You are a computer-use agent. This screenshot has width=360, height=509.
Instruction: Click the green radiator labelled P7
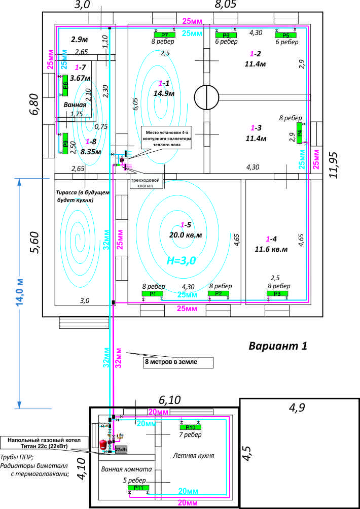click(165, 35)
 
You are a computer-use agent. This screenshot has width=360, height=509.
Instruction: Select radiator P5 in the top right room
click(285, 35)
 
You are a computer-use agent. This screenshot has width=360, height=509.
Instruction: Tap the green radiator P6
click(226, 35)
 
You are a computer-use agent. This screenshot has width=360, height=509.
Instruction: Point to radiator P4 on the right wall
click(300, 136)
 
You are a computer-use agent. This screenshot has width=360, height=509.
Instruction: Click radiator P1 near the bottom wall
click(153, 294)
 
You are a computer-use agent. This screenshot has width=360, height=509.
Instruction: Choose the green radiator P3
click(277, 294)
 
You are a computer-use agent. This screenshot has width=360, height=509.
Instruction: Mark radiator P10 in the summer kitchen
click(191, 427)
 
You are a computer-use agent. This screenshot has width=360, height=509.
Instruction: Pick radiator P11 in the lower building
click(138, 488)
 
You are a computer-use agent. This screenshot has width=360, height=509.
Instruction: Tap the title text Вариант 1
click(278, 346)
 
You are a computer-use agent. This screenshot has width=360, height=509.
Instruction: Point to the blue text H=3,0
click(182, 260)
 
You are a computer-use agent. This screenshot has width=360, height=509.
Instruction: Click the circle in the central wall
click(206, 95)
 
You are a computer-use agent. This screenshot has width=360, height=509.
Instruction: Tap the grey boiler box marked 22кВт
click(121, 450)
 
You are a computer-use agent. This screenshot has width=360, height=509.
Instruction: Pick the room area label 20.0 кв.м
click(185, 235)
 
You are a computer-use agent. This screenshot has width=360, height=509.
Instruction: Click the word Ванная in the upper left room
click(74, 104)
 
